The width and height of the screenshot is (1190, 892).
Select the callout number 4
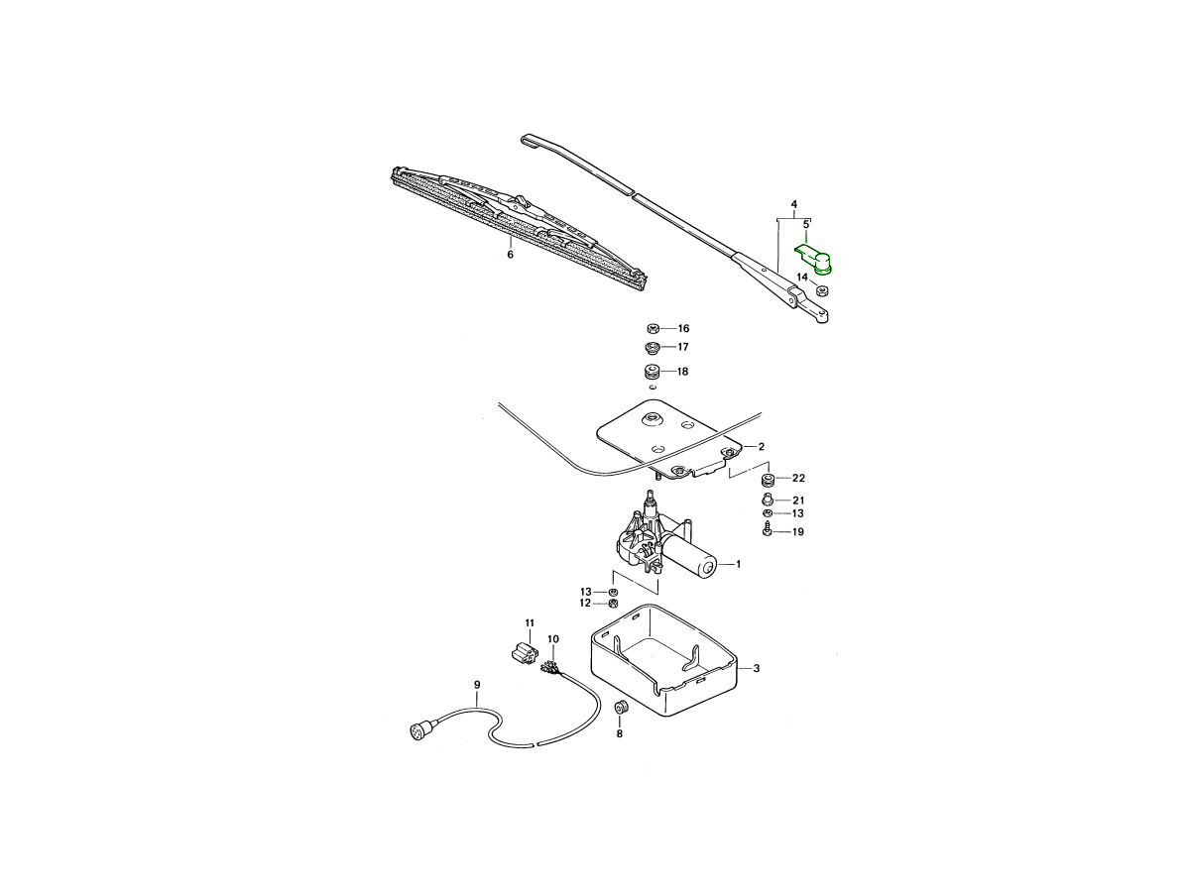click(793, 205)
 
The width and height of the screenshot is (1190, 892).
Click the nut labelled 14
click(822, 290)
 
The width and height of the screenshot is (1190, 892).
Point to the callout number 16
click(683, 328)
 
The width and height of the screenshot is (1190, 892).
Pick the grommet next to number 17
click(653, 347)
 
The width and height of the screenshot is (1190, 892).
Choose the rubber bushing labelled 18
click(653, 373)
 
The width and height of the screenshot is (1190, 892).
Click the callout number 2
click(761, 446)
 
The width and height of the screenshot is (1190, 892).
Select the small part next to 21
click(768, 499)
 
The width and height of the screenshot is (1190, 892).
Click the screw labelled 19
click(769, 532)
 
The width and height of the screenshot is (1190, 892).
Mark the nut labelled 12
click(613, 604)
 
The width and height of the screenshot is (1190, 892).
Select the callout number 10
click(552, 639)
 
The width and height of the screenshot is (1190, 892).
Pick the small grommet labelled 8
click(622, 709)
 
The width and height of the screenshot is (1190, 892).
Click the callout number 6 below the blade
click(510, 255)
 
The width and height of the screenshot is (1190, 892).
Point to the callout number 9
click(476, 684)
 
